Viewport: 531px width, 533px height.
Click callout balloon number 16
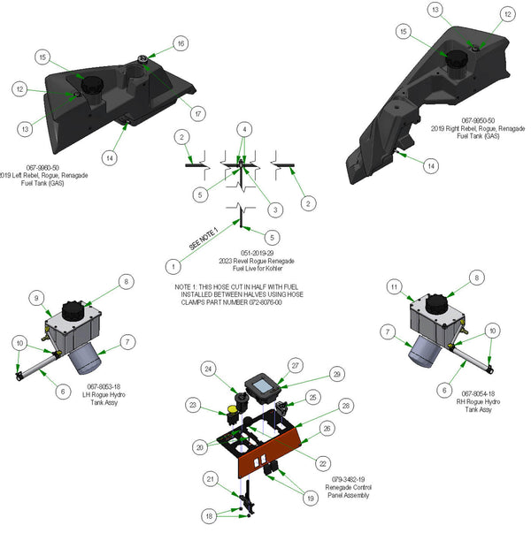(x=181, y=43)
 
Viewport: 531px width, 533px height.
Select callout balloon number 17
(x=199, y=114)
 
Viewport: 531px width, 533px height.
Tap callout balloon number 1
(x=173, y=265)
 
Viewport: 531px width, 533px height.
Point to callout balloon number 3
(x=276, y=209)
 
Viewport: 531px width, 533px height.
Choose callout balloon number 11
(x=394, y=286)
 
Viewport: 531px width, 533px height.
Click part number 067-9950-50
(x=478, y=120)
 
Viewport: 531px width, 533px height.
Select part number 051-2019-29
(x=258, y=252)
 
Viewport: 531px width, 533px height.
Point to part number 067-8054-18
(x=479, y=394)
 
